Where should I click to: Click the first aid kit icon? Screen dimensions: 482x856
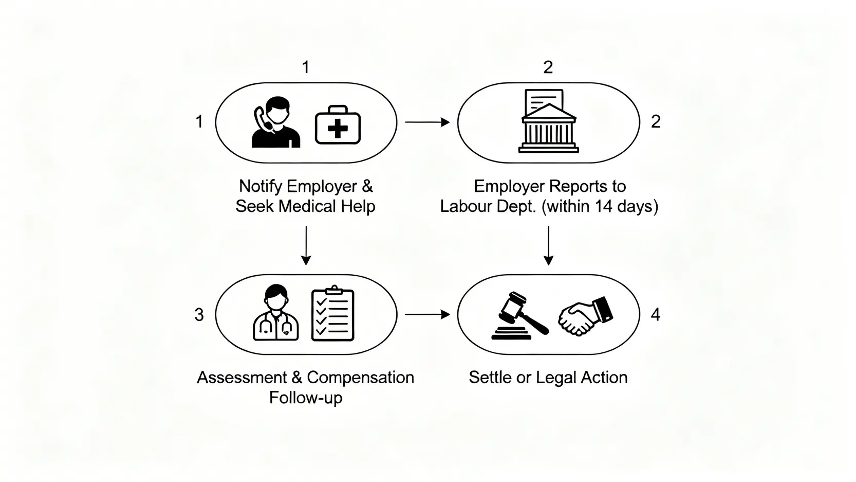coord(338,126)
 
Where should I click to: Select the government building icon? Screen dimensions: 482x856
coord(548,122)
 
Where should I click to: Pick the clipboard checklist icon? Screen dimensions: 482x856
coord(333,314)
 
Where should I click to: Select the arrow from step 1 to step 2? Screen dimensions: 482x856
coord(427,122)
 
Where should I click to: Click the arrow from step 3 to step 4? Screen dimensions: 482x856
coord(427,314)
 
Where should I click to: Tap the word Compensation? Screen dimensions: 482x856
coord(360,378)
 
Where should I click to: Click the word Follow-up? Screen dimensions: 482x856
coord(306,398)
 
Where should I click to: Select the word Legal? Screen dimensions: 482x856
coord(556,378)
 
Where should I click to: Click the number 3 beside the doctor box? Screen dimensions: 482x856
coord(199,315)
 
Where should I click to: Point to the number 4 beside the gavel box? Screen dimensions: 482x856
coord(655,315)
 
